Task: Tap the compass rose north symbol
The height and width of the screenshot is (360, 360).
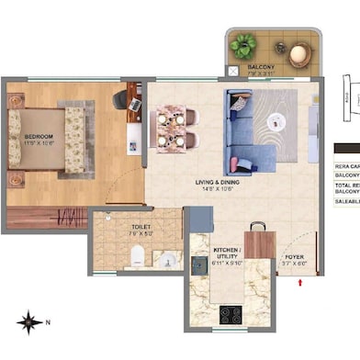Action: pyautogui.click(x=29, y=322)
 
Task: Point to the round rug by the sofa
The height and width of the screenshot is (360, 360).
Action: pyautogui.click(x=276, y=120)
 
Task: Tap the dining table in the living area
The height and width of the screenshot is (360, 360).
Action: pyautogui.click(x=174, y=127)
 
